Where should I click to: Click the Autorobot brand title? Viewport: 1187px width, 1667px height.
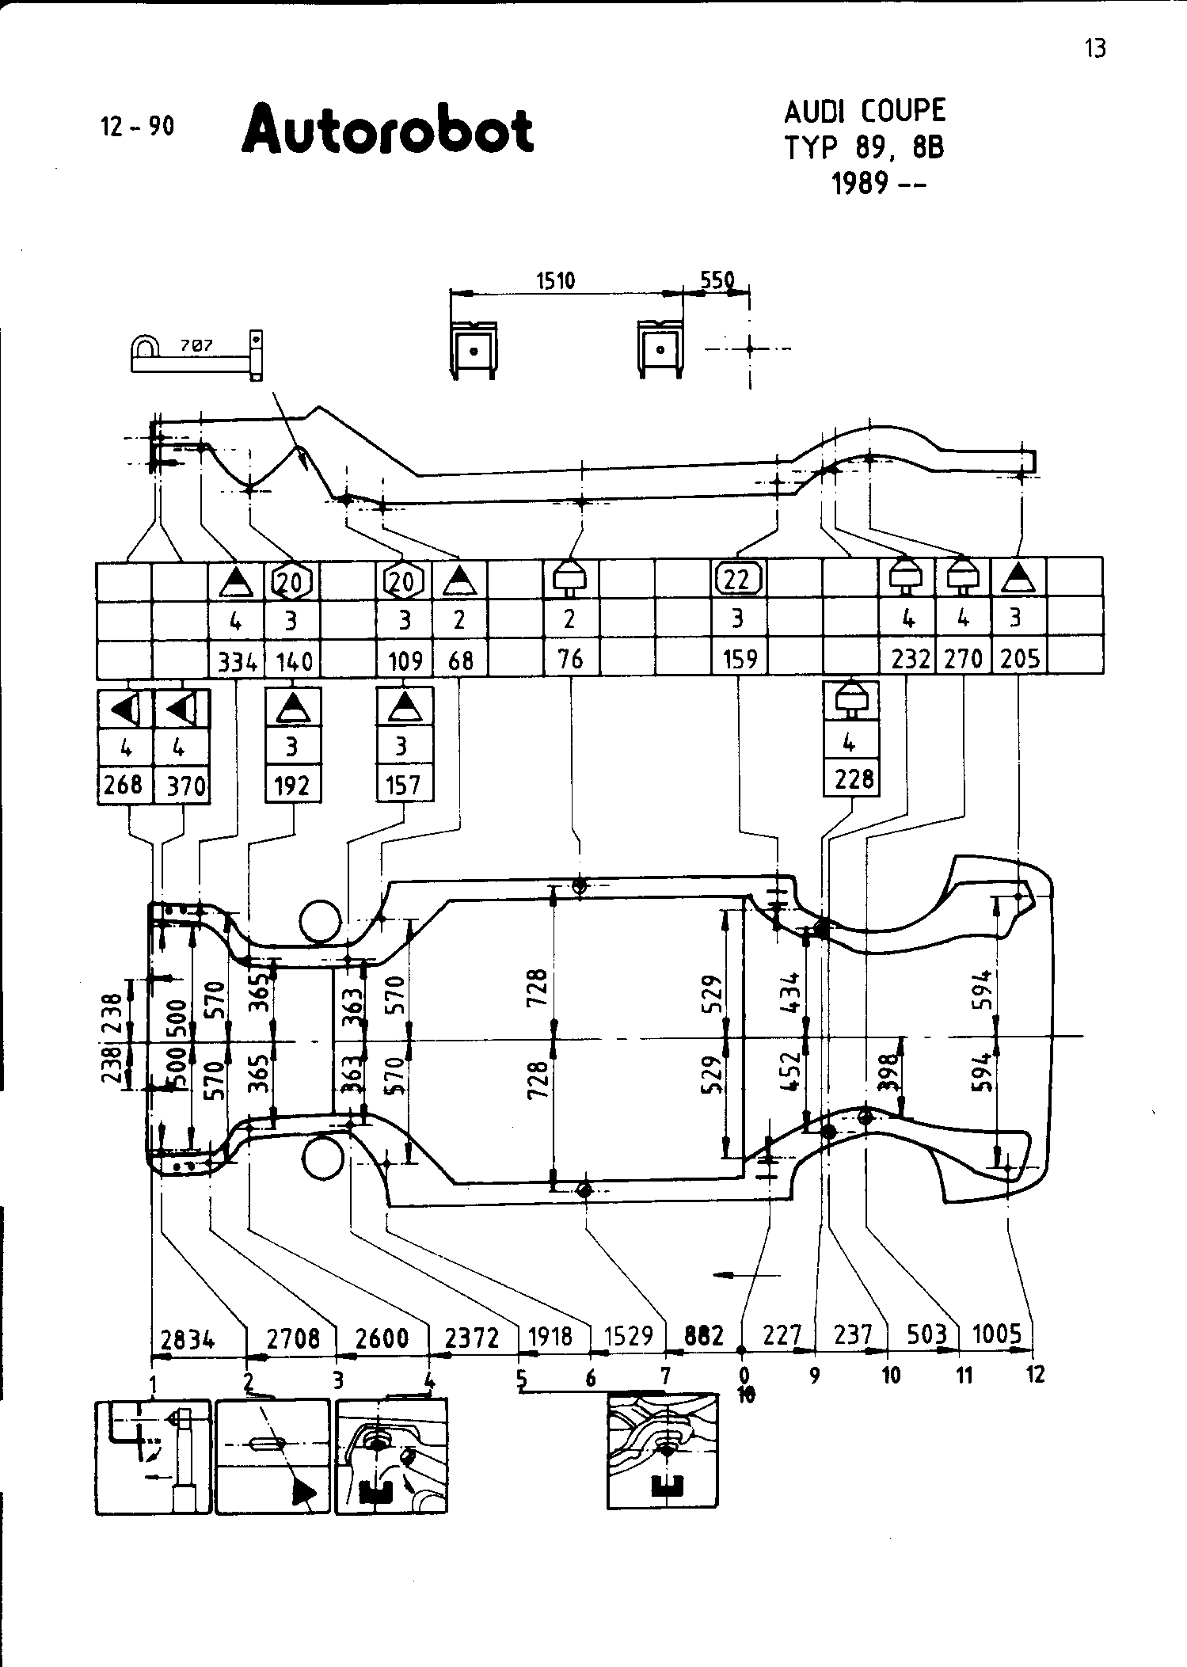click(387, 131)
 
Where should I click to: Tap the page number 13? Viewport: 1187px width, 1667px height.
click(1095, 49)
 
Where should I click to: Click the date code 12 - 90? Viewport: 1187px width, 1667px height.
click(138, 127)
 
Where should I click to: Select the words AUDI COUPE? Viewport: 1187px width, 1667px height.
click(865, 111)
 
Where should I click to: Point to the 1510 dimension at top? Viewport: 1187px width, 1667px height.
click(555, 281)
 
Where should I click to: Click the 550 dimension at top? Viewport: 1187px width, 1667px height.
click(717, 281)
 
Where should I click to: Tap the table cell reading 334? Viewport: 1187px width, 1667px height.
click(235, 660)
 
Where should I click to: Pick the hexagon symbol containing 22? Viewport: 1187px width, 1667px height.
click(738, 580)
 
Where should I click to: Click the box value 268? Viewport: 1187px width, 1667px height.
click(124, 785)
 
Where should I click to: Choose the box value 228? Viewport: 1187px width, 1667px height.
click(853, 779)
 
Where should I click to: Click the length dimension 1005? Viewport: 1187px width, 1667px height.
click(997, 1334)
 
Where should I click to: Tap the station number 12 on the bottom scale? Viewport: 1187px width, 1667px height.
click(1035, 1375)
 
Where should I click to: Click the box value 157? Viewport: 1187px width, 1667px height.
click(404, 785)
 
